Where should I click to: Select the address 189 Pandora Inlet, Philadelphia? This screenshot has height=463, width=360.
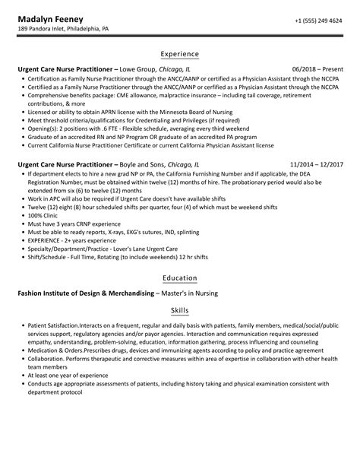coord(74,30)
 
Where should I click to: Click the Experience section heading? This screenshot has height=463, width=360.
coord(179,54)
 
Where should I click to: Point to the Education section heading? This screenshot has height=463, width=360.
coord(179,277)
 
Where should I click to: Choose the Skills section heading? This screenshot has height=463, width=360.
coord(179,311)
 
